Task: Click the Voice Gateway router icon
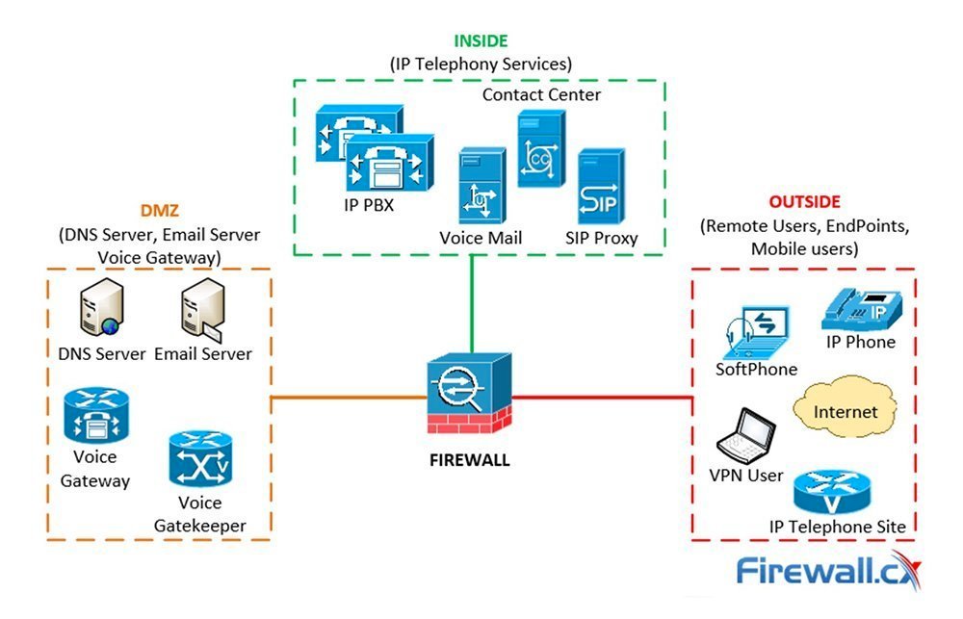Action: coord(95,416)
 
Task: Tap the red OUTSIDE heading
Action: coord(804,202)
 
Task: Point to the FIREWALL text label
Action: coord(470,460)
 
